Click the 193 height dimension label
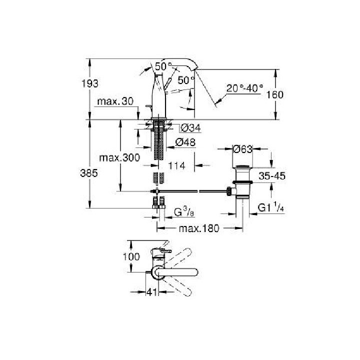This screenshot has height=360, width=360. (x=90, y=83)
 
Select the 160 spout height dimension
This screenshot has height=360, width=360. (x=275, y=94)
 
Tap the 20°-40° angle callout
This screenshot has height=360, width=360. (x=244, y=88)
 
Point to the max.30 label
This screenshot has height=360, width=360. (x=115, y=101)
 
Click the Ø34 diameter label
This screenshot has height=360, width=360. (x=191, y=128)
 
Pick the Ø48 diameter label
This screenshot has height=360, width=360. (x=185, y=142)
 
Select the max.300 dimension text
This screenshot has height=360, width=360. (x=119, y=157)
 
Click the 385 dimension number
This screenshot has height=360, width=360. (x=89, y=173)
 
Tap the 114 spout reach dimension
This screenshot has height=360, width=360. (x=177, y=165)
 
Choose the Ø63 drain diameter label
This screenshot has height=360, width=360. (x=242, y=149)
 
